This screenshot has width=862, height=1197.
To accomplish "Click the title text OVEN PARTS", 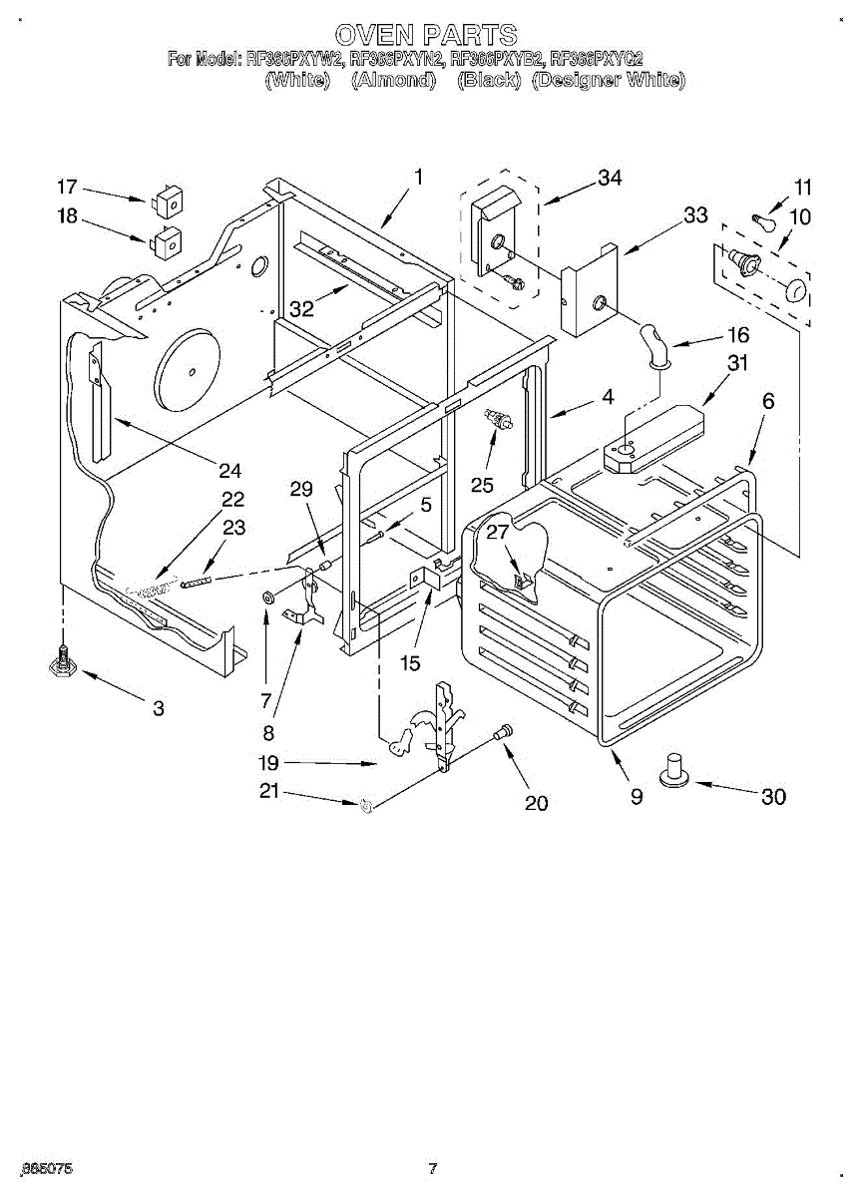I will pyautogui.click(x=426, y=36).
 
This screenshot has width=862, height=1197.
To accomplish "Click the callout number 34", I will pyautogui.click(x=609, y=178).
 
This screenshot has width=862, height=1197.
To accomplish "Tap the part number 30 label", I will pyautogui.click(x=773, y=796).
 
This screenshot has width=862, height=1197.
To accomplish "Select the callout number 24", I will pyautogui.click(x=230, y=471).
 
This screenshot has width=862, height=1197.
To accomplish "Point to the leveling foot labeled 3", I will pyautogui.click(x=64, y=662).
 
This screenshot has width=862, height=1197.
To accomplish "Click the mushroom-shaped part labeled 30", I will pyautogui.click(x=675, y=770).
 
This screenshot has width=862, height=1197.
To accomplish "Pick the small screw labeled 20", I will pyautogui.click(x=504, y=731).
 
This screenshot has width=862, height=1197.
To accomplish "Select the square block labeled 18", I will pyautogui.click(x=167, y=242).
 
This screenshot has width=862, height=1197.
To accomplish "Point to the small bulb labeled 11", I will pyautogui.click(x=765, y=220).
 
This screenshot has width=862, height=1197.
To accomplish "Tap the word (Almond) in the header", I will pyautogui.click(x=394, y=81).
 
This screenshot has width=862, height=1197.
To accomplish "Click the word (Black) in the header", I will pyautogui.click(x=489, y=81).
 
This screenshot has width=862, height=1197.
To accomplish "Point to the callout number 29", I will pyautogui.click(x=301, y=489).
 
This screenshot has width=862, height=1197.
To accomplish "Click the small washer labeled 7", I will pyautogui.click(x=268, y=598).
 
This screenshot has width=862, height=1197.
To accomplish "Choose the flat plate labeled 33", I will pyautogui.click(x=589, y=295).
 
